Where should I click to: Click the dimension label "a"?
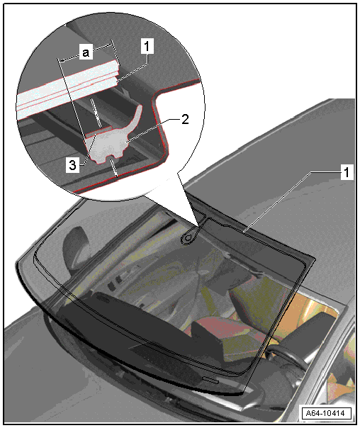(86, 52)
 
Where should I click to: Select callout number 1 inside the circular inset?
(147, 46)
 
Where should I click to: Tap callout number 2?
(185, 119)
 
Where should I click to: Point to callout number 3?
(72, 165)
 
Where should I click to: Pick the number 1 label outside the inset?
(347, 172)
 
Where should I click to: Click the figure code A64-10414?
(327, 413)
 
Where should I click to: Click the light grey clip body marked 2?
(108, 146)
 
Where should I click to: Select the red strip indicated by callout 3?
(99, 131)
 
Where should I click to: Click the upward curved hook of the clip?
(136, 118)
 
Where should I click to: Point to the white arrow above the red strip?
(96, 113)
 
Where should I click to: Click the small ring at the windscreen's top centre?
(189, 238)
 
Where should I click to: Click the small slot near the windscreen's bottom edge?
(210, 380)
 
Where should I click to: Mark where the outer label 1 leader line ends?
(244, 232)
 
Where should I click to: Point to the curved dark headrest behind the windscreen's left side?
(73, 246)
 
